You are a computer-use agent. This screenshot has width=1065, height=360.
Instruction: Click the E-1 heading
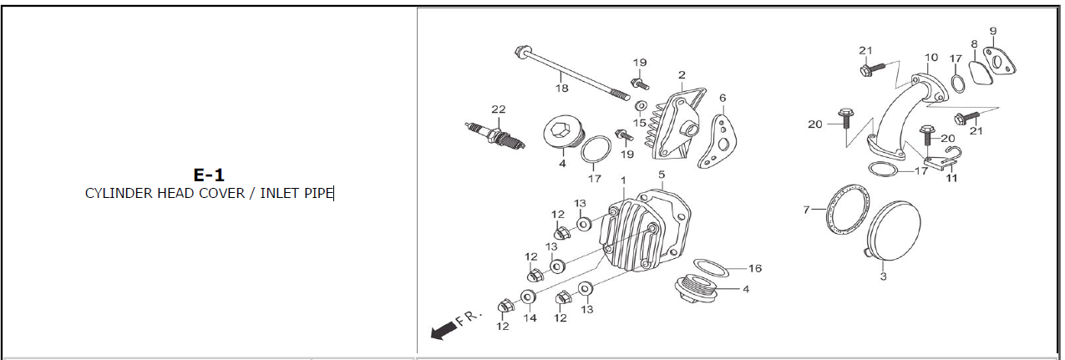[209, 175]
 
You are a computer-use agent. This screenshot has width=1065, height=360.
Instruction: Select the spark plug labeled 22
[496, 134]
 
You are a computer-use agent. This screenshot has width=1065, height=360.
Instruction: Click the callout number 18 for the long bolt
[561, 87]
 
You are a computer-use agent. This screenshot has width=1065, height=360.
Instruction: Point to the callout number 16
[754, 269]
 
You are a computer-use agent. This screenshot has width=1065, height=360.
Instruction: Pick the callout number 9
[993, 32]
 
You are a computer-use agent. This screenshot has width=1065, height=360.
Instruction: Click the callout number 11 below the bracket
[951, 177]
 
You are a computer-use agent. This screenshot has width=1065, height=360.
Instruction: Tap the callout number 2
[682, 74]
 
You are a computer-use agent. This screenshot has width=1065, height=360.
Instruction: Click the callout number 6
[723, 98]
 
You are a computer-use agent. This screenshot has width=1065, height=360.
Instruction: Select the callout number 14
[530, 317]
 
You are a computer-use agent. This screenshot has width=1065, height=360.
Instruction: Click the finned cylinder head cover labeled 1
[631, 230]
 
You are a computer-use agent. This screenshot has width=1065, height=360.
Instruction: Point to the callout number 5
[661, 175]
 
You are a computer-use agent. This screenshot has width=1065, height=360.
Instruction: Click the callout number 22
[499, 109]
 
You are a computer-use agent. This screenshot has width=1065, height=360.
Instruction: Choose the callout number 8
[974, 43]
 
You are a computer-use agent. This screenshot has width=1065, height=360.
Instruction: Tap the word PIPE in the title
[318, 194]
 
